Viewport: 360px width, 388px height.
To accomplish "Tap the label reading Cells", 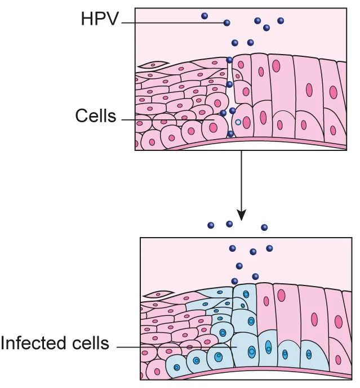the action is (x=95, y=117).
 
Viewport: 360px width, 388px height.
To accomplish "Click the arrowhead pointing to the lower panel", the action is (x=242, y=214).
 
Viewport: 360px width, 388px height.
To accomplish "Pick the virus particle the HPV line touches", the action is (x=227, y=23).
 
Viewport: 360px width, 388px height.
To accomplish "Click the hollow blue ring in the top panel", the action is (x=238, y=122).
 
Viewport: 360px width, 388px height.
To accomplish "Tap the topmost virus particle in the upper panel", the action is (x=205, y=17).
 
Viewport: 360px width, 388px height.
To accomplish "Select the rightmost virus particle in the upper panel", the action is (x=281, y=21).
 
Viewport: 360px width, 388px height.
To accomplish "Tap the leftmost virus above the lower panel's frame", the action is (x=211, y=225).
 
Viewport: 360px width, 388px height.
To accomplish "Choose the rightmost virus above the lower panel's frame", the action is (x=263, y=227).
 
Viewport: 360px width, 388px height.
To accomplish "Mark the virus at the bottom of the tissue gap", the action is (x=230, y=134).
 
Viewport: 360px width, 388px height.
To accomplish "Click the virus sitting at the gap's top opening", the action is (x=229, y=60).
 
